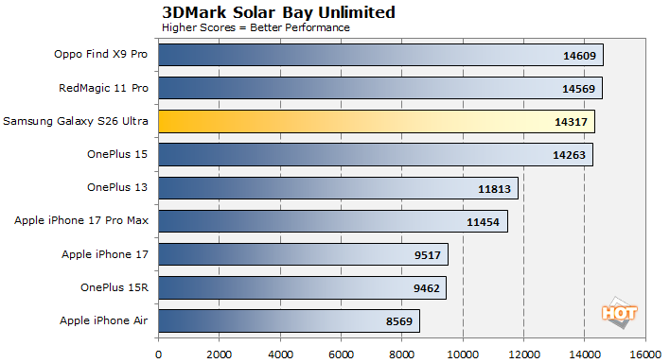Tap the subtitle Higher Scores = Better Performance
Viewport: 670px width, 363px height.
(x=256, y=27)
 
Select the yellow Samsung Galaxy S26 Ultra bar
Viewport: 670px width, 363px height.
(x=376, y=122)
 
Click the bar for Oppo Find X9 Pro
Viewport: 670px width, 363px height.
(x=379, y=56)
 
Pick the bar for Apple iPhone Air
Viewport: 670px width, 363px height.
(x=288, y=321)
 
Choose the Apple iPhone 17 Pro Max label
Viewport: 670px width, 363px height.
(x=82, y=221)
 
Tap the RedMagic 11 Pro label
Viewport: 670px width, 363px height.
(x=103, y=89)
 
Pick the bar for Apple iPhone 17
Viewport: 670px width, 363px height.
(x=303, y=255)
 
